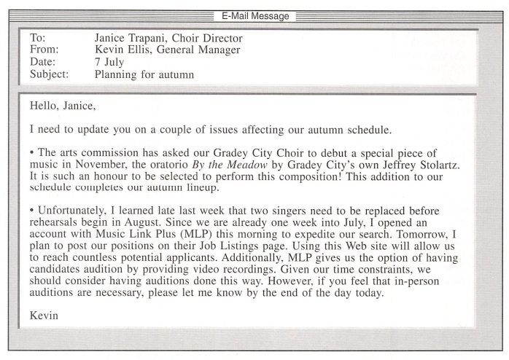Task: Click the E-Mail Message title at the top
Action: (x=254, y=16)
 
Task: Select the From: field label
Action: (x=44, y=50)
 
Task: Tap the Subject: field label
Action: (x=50, y=74)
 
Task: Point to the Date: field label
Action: (x=43, y=61)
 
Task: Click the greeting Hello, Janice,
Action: (x=63, y=106)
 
